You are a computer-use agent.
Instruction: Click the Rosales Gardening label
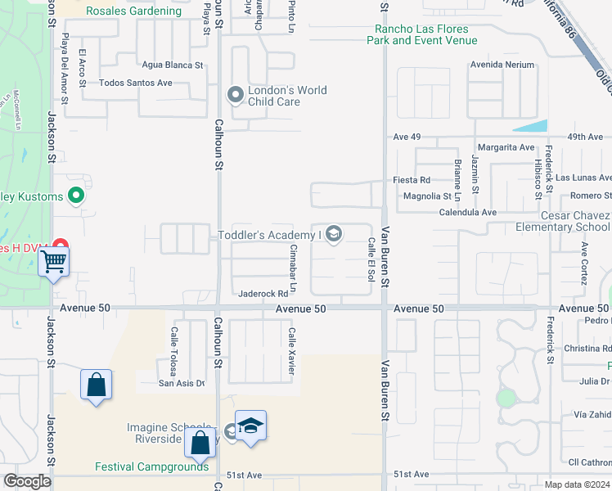133,11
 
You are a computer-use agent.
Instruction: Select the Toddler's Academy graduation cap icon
333,236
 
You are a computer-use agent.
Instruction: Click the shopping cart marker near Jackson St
54,263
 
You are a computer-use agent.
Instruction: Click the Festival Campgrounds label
151,467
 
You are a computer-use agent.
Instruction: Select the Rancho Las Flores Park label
421,34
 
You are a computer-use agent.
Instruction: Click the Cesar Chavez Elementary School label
564,221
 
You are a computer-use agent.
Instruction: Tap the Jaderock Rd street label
263,294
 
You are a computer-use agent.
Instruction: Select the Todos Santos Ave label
136,83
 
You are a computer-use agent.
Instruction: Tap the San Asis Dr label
182,382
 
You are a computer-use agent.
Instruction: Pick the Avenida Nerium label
502,65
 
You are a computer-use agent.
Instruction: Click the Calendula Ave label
468,212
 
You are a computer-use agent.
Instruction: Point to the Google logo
27,481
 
